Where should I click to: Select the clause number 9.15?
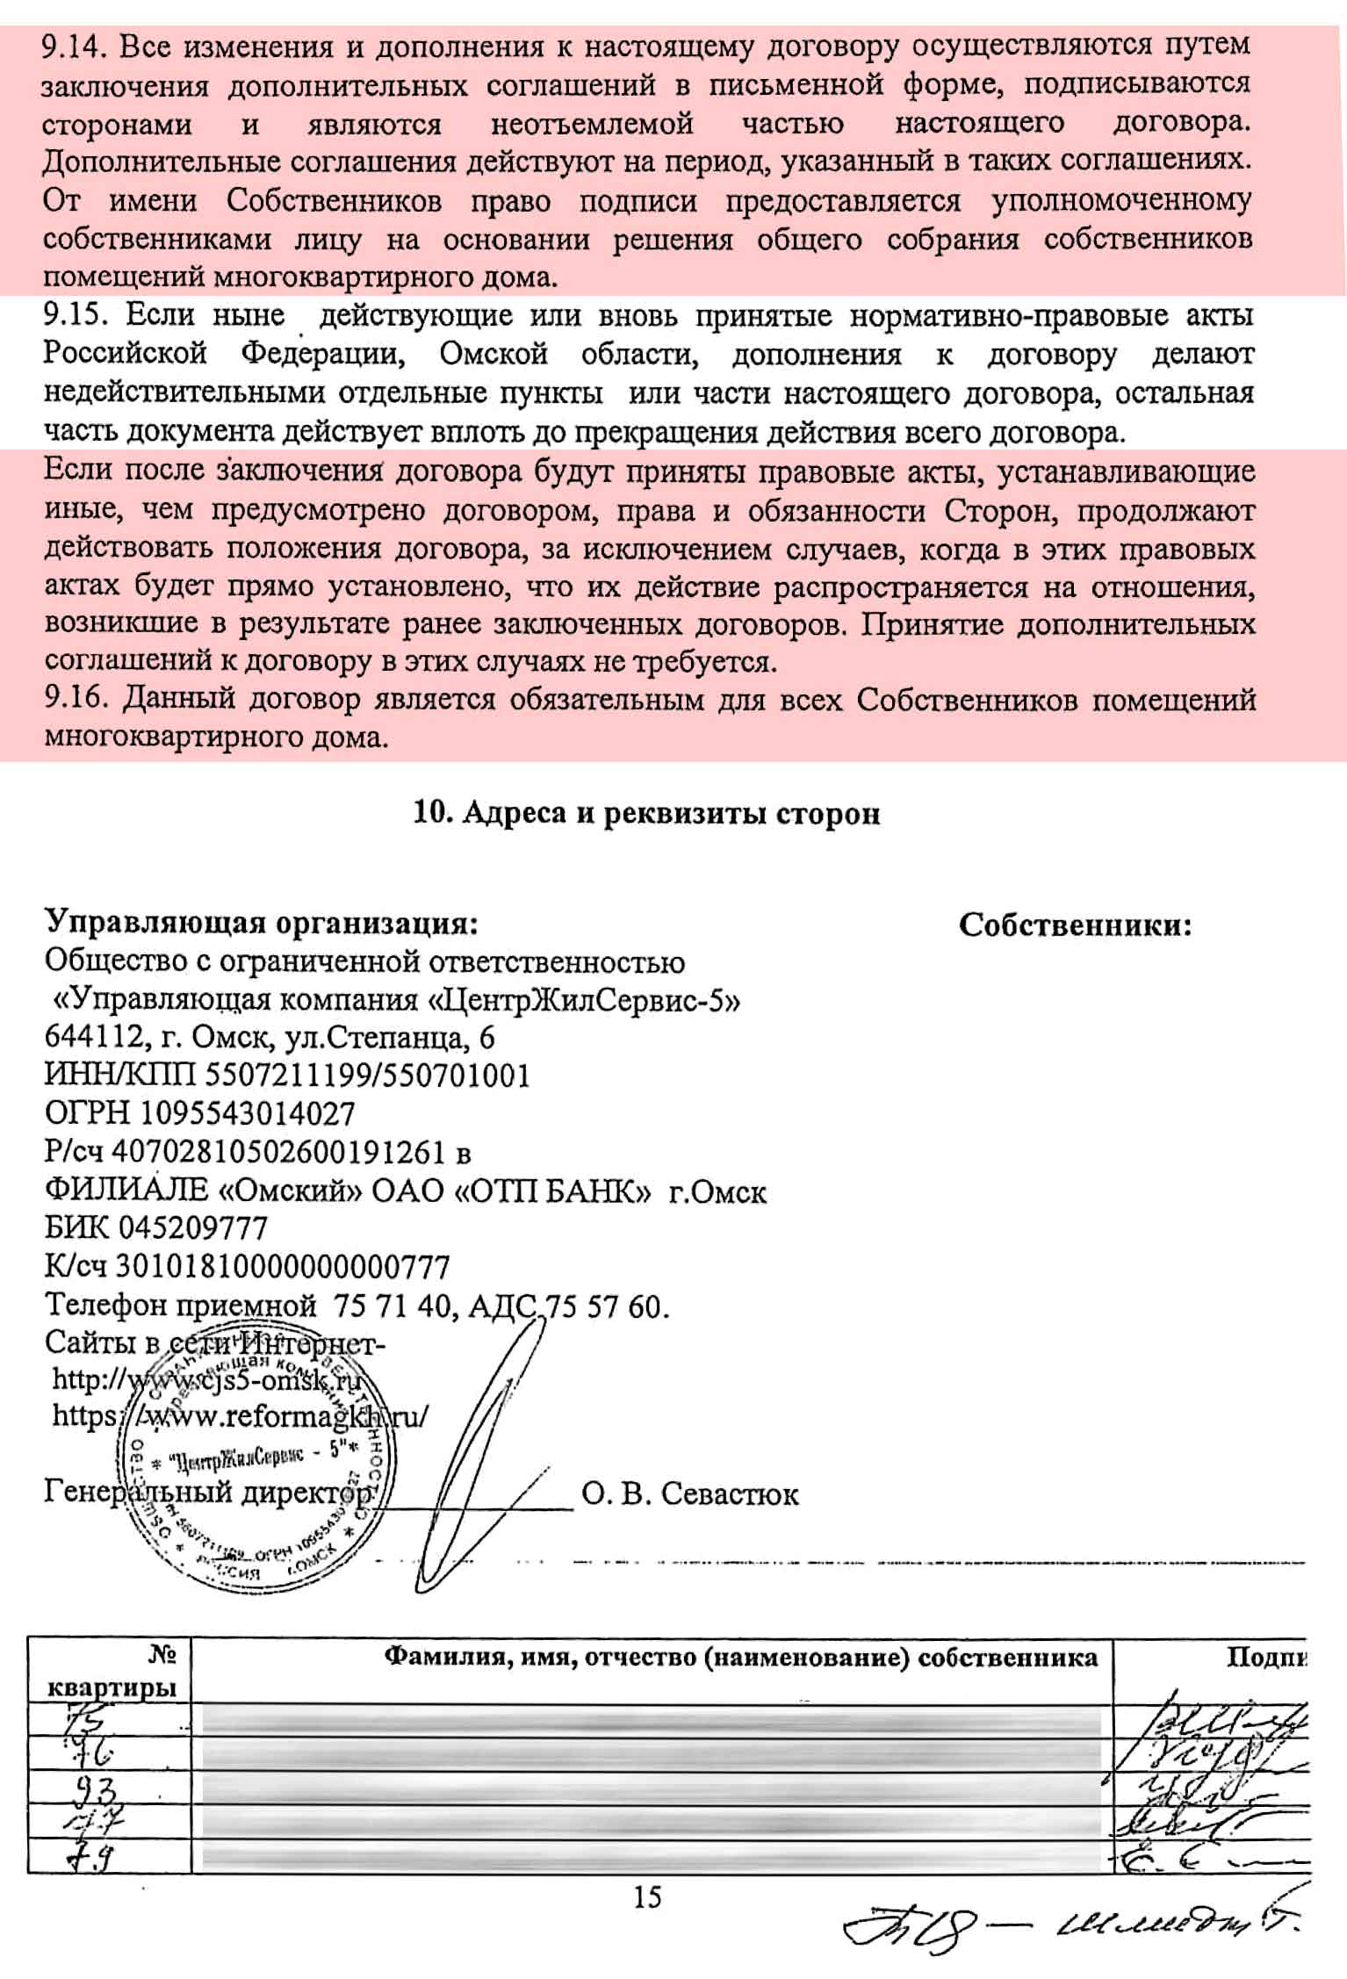[x=76, y=315]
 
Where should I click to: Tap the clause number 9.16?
[x=76, y=700]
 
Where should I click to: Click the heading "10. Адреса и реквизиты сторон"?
[x=646, y=814]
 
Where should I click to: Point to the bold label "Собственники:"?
[x=1075, y=925]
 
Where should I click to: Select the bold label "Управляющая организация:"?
[x=262, y=924]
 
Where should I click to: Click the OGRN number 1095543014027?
[x=248, y=1114]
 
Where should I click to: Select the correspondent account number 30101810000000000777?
[x=283, y=1267]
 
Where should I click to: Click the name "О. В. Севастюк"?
[x=689, y=1493]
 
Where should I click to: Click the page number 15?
[x=647, y=1897]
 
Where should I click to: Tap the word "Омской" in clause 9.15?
[x=493, y=354]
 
